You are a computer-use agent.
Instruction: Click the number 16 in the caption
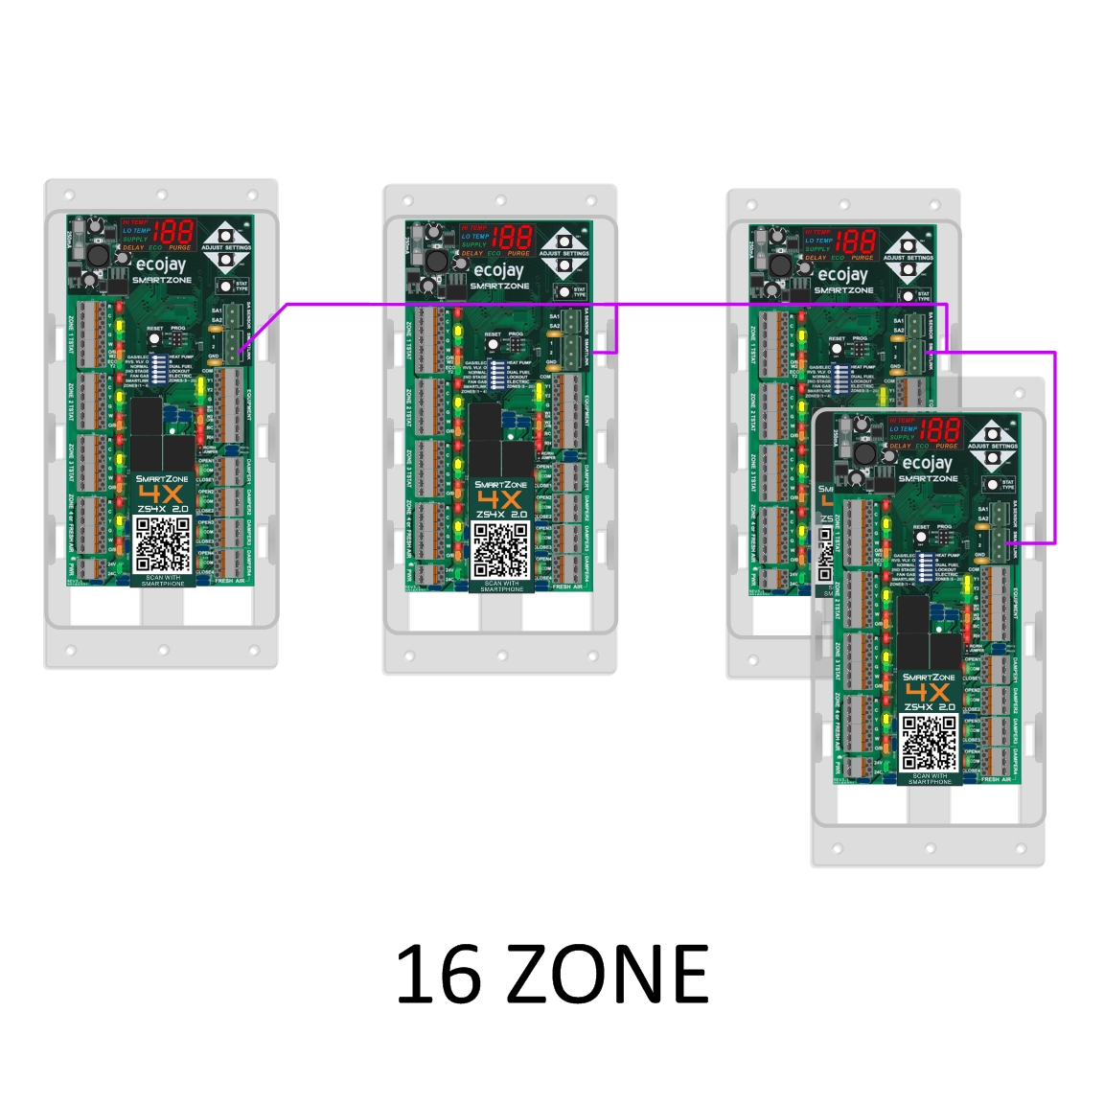pos(437,974)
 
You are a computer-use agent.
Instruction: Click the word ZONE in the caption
pos(608,974)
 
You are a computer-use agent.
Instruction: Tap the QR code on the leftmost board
pos(162,543)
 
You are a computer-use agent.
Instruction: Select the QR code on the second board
pos(500,550)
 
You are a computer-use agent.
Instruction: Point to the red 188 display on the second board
pos(513,238)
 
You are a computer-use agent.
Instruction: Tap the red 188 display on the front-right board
pos(941,429)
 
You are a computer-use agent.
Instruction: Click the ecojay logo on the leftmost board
pos(161,264)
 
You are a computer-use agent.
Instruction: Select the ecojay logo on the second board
pos(499,270)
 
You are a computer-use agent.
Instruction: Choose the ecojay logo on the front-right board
pos(928,463)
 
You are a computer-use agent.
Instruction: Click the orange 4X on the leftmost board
pos(161,494)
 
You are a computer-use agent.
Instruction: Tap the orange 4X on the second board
pos(499,499)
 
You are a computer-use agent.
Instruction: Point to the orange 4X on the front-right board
pos(928,692)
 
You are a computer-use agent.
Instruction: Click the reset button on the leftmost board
pos(153,339)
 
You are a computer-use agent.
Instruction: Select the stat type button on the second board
pos(563,291)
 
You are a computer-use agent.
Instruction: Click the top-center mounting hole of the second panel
pos(499,201)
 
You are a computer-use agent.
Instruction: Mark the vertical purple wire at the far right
pos(1054,447)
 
